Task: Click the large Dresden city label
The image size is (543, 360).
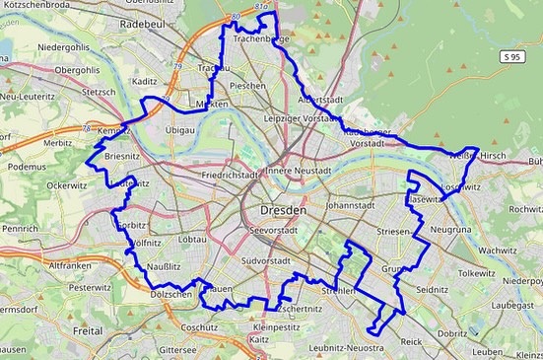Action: point(285,211)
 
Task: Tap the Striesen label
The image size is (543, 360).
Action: point(393,230)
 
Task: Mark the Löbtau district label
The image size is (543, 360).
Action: point(192,240)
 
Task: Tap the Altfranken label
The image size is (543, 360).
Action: point(70,265)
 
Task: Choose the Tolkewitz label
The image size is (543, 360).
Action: point(476,272)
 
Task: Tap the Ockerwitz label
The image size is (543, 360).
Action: point(67,184)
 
